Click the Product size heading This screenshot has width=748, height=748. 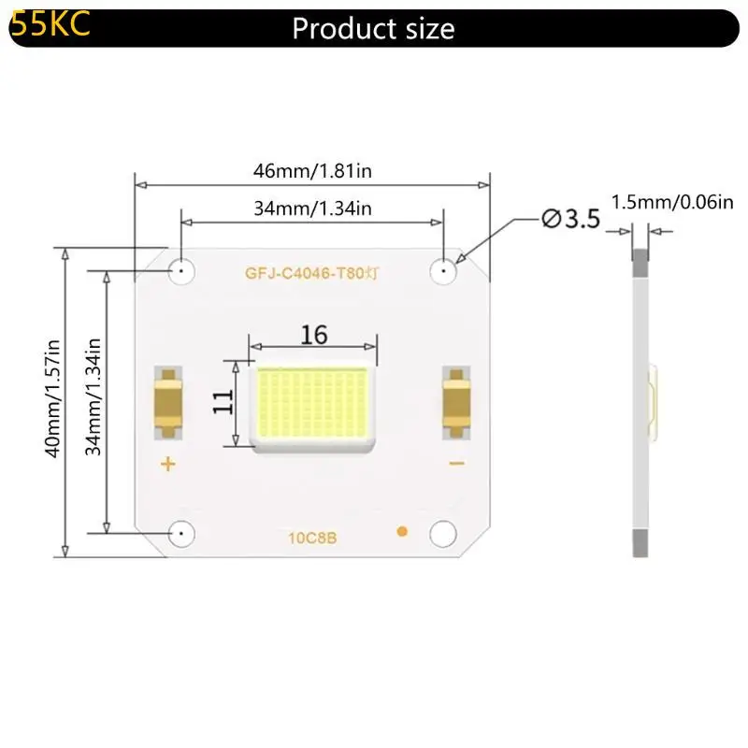click(373, 28)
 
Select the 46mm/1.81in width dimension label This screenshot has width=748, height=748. click(313, 171)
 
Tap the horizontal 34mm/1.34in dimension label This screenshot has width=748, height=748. click(312, 209)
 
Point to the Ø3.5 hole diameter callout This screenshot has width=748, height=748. click(570, 219)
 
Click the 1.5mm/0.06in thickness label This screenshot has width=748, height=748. click(672, 202)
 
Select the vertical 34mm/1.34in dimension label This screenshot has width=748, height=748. click(93, 399)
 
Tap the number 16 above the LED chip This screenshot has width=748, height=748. click(314, 335)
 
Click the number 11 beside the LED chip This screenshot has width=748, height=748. click(223, 402)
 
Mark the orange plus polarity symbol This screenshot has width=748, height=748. click(168, 464)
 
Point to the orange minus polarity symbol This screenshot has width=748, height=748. click(457, 464)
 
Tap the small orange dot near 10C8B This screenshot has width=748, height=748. click(403, 532)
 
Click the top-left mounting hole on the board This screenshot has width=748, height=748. click(180, 271)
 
